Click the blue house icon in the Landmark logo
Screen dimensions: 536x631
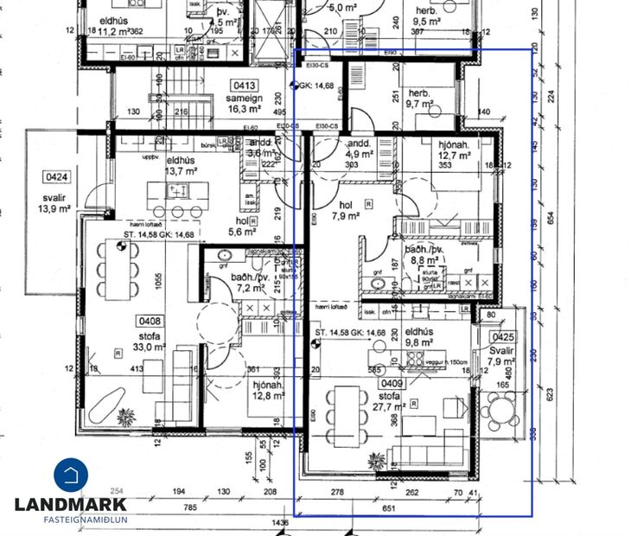[x=71, y=475]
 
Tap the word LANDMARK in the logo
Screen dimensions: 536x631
[x=71, y=504]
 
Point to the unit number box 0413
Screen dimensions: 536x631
[x=243, y=86]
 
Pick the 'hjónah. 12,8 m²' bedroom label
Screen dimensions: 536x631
[x=269, y=391]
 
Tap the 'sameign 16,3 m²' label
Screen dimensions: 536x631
[x=244, y=105]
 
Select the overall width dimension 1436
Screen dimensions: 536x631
[x=277, y=524]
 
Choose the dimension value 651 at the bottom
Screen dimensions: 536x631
[x=389, y=509]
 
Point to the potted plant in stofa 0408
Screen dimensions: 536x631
[x=127, y=414]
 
